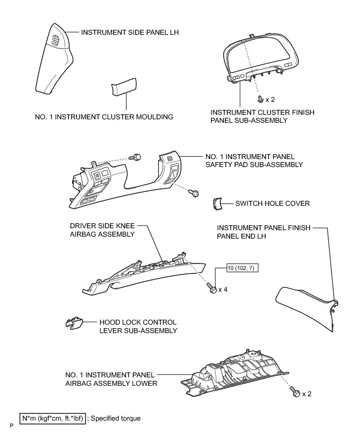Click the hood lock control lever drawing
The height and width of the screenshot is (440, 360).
pyautogui.click(x=74, y=324)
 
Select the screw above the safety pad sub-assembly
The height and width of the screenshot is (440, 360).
pyautogui.click(x=136, y=157)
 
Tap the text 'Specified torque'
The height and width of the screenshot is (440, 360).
pyautogui.click(x=118, y=418)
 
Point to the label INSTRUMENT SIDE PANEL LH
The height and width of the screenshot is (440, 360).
pyautogui.click(x=129, y=32)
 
